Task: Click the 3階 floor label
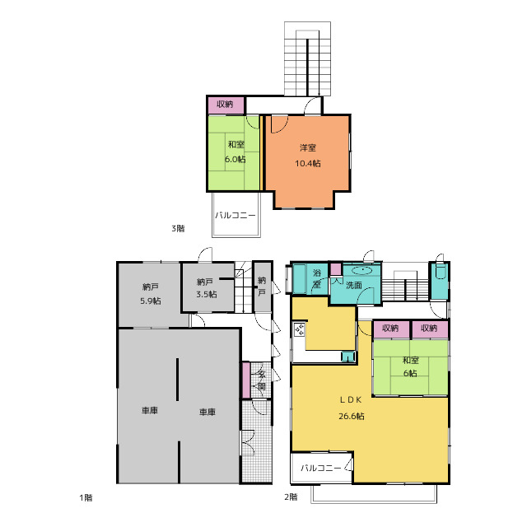pos(178,229)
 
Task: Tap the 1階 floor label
pos(86,497)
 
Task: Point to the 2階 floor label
pos(291,497)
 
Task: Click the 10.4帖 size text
pos(308,164)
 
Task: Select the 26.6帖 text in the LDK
pos(352,416)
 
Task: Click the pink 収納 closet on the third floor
pos(226,105)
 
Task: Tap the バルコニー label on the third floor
pos(236,215)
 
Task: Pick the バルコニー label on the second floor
pos(320,468)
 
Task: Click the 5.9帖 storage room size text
pos(151,301)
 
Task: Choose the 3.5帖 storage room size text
pos(207,295)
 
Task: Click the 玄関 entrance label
pos(261,380)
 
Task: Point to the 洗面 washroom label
pos(354,286)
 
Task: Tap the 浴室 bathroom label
pos(316,278)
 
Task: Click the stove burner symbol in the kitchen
pos(299,329)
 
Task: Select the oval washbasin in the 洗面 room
pos(362,270)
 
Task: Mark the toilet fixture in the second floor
pos(440,271)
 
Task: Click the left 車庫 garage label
pos(150,411)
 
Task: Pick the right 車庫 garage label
pos(207,412)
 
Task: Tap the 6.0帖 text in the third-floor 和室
pos(236,159)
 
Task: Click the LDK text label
pos(351,399)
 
